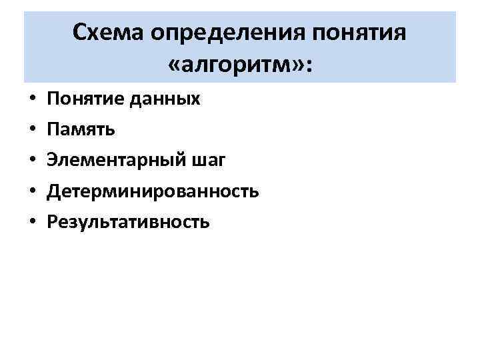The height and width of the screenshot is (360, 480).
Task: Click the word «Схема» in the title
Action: pyautogui.click(x=109, y=31)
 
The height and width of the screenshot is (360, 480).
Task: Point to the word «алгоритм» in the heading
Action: pyautogui.click(x=243, y=65)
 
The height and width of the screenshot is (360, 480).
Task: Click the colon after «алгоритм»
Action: pyautogui.click(x=311, y=66)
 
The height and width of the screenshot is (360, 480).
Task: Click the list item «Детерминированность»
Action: pyautogui.click(x=153, y=191)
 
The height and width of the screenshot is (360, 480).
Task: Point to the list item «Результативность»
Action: pyautogui.click(x=128, y=222)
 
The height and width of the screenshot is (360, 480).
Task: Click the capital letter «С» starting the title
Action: pyautogui.click(x=79, y=31)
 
